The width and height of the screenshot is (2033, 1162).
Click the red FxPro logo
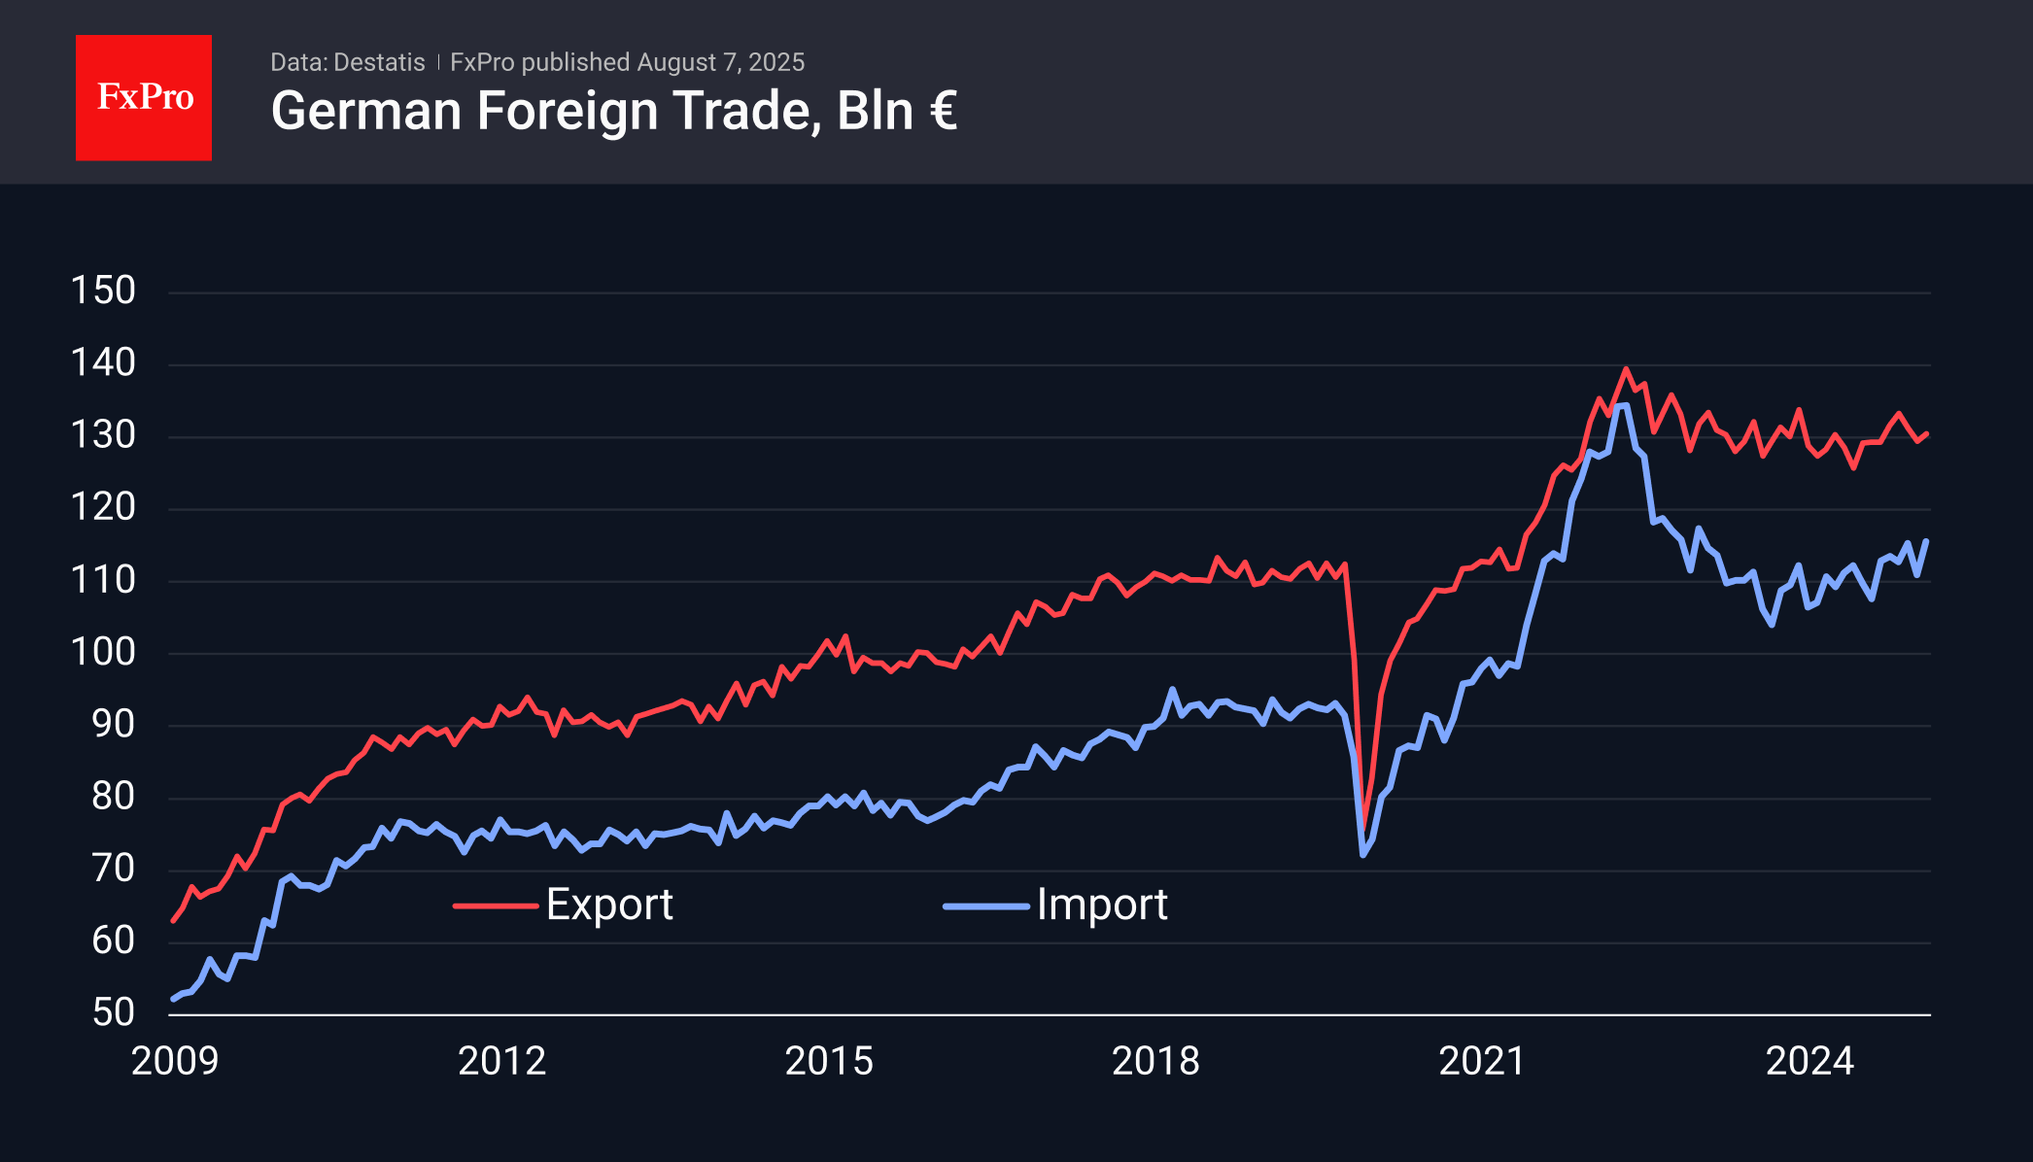(144, 97)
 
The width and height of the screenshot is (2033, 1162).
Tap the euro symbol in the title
(943, 111)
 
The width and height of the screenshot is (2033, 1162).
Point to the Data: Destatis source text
(347, 62)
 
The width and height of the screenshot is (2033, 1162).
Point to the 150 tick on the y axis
(103, 290)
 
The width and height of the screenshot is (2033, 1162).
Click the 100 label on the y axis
(103, 652)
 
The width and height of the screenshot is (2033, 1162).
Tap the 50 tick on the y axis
(113, 1012)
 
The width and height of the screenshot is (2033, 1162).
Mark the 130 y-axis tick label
(103, 435)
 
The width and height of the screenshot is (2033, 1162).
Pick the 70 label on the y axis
(113, 869)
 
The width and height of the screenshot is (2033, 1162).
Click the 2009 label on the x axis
(175, 1061)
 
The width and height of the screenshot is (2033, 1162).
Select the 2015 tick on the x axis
(829, 1061)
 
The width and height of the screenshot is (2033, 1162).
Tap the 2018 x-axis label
(1155, 1061)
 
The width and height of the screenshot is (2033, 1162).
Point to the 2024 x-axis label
(1809, 1061)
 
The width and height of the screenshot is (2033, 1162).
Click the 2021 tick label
(1482, 1061)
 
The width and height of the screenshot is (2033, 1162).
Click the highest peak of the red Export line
(1626, 369)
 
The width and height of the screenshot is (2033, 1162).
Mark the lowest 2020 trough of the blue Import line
(1363, 855)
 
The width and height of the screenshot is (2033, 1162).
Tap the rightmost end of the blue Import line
(1926, 541)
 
